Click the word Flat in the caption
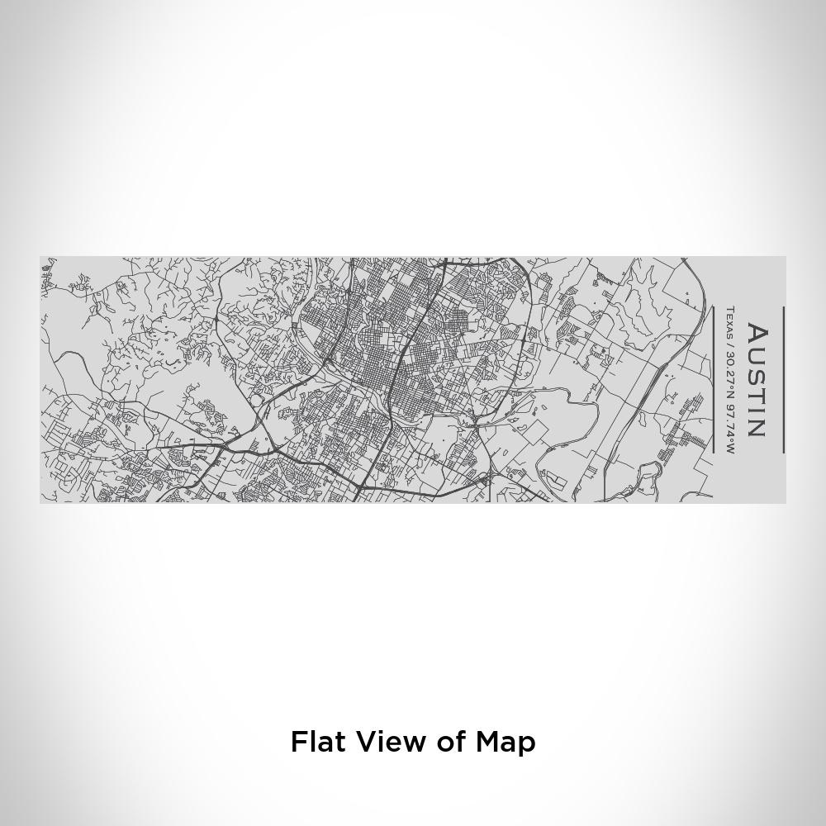pyautogui.click(x=318, y=742)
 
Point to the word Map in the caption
pyautogui.click(x=506, y=743)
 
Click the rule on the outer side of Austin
pyautogui.click(x=783, y=380)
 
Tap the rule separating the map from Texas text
pyautogui.click(x=713, y=380)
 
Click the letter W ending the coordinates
pyautogui.click(x=729, y=449)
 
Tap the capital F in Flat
pyautogui.click(x=297, y=742)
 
